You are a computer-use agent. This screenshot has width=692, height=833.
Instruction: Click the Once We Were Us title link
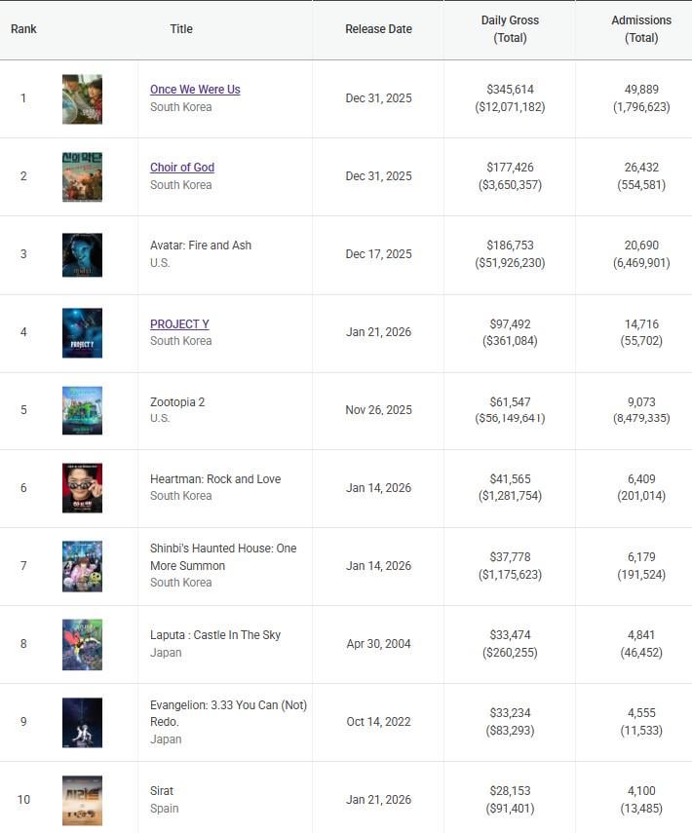click(x=195, y=90)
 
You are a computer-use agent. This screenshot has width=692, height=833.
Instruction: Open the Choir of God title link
click(x=182, y=168)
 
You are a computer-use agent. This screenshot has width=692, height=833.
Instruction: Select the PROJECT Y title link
click(x=179, y=323)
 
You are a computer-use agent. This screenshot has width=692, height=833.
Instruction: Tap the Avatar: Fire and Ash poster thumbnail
click(x=82, y=254)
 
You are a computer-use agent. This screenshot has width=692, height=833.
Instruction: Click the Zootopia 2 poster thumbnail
click(x=82, y=410)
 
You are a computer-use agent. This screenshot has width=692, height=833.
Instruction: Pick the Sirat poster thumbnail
click(x=82, y=800)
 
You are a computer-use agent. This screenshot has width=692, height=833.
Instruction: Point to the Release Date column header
click(x=378, y=29)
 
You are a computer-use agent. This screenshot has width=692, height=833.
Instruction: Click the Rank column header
click(x=23, y=29)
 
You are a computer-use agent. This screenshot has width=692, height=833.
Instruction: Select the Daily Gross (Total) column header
click(x=510, y=29)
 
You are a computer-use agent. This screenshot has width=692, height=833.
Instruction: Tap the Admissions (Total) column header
click(x=640, y=29)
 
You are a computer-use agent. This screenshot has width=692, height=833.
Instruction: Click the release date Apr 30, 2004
click(x=378, y=644)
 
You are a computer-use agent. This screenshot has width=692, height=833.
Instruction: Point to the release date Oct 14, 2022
click(x=378, y=722)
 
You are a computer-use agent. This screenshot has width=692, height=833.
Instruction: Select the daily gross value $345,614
click(x=510, y=89)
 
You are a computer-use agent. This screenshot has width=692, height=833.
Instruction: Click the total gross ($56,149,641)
click(x=510, y=419)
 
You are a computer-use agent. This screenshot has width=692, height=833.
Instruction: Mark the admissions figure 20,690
click(x=640, y=246)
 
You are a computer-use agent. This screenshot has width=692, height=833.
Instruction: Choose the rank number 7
click(x=23, y=566)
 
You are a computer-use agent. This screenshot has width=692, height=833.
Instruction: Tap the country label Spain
click(x=164, y=809)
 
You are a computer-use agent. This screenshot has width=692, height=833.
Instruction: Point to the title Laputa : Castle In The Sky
click(x=214, y=635)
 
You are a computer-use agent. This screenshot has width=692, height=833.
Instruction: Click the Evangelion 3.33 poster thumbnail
click(x=82, y=722)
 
